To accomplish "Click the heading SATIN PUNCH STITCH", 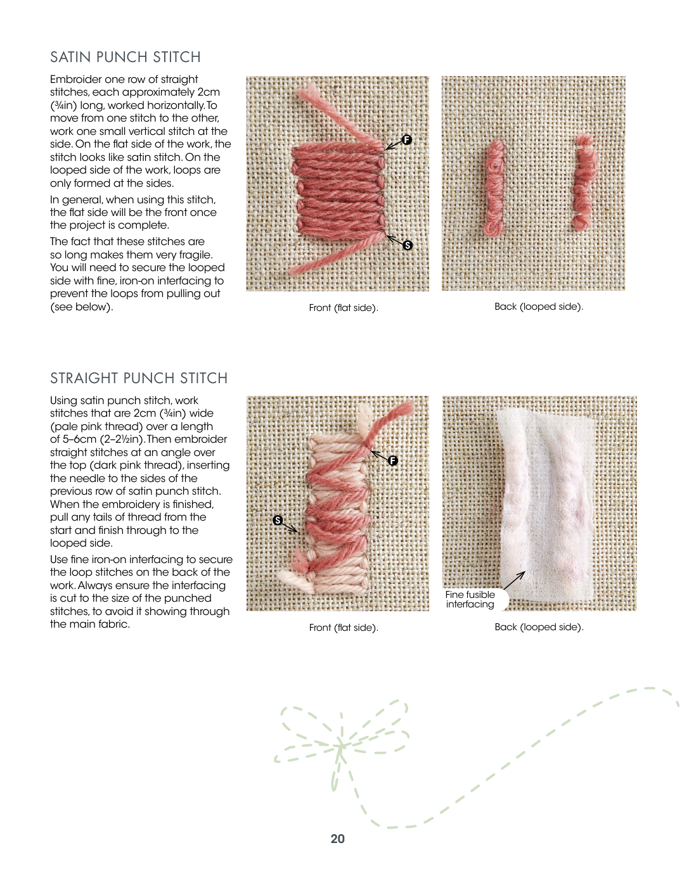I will (x=125, y=57).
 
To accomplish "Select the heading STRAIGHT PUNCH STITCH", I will (x=139, y=378).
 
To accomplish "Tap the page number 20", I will (x=337, y=839).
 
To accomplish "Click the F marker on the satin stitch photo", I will (x=407, y=139).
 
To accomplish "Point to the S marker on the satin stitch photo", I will (x=408, y=245).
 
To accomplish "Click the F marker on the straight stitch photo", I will (x=393, y=460).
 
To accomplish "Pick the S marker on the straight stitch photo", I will (x=278, y=520).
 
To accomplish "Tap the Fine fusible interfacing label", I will (x=470, y=599).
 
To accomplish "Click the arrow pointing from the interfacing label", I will (x=513, y=580).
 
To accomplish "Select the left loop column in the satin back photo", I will (x=495, y=187).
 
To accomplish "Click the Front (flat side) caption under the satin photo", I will (x=344, y=308).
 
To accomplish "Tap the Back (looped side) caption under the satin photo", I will (x=539, y=307).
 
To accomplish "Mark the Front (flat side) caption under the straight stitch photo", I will (x=344, y=628).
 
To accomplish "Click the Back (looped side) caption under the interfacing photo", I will (x=539, y=627).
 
